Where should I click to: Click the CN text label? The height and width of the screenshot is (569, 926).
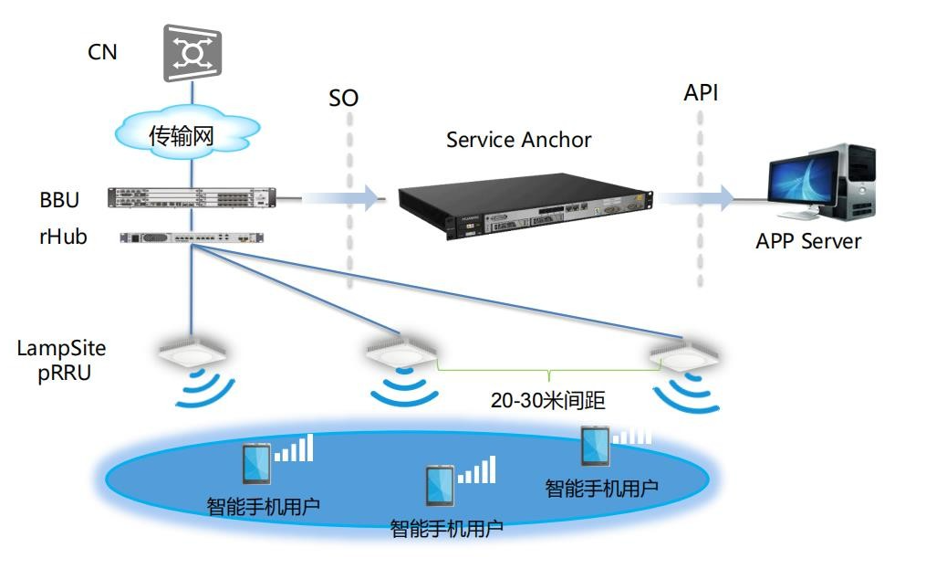coord(102,52)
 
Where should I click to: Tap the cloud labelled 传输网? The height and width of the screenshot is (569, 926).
coord(182,136)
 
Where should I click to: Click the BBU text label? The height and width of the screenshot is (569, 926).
coord(59,199)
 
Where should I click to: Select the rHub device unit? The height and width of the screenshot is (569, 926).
coord(192,237)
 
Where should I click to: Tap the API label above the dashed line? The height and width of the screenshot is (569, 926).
coord(701,93)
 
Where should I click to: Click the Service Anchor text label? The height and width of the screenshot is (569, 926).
coord(518,140)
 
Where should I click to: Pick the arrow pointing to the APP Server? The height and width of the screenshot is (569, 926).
coord(698,196)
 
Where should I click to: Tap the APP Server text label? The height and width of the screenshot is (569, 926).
coord(808,242)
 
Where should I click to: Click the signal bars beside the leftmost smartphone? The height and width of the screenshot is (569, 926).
coord(295,448)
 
